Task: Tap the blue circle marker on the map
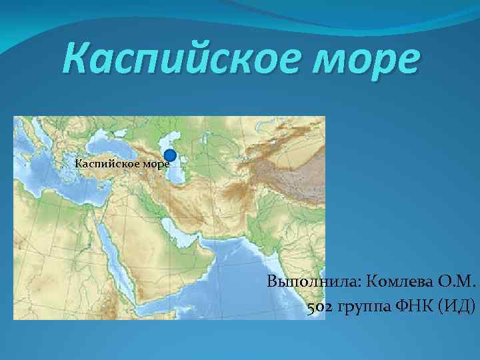click(170, 155)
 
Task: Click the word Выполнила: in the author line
click(314, 281)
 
